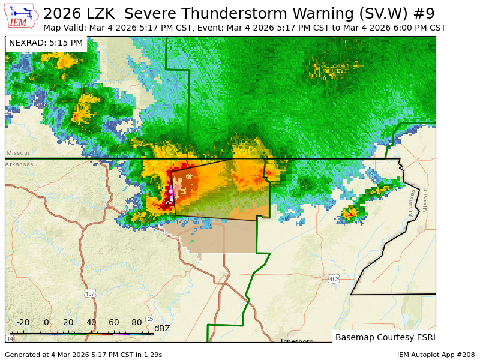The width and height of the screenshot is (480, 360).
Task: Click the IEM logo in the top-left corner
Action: coord(22,16)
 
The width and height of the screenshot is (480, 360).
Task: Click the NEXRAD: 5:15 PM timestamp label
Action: coord(46,43)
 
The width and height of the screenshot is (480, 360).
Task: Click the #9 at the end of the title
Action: coord(423,13)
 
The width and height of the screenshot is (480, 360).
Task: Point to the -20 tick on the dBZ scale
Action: coord(23,322)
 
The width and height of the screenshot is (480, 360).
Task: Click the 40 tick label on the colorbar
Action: coord(91,322)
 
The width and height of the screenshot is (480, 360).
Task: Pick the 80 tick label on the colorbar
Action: coord(137,322)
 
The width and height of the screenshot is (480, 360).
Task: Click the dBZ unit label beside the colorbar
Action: coord(162,328)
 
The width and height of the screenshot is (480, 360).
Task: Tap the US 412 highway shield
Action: coord(334,279)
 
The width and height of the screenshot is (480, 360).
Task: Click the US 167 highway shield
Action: coord(90,293)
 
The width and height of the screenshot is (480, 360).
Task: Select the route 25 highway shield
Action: coord(150,319)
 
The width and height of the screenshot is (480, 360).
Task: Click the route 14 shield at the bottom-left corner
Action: coord(10,339)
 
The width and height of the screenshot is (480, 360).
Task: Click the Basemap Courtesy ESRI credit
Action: coord(385,337)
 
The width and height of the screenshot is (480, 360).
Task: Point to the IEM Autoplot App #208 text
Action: coord(436,355)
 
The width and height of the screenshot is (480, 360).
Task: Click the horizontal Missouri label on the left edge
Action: coord(19,153)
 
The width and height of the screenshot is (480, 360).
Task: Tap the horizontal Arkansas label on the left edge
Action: coord(19,164)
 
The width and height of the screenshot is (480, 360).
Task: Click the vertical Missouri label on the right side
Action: coord(425,200)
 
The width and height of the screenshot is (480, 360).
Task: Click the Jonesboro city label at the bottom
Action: coord(297,341)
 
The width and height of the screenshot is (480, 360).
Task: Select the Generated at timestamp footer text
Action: coord(83,355)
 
